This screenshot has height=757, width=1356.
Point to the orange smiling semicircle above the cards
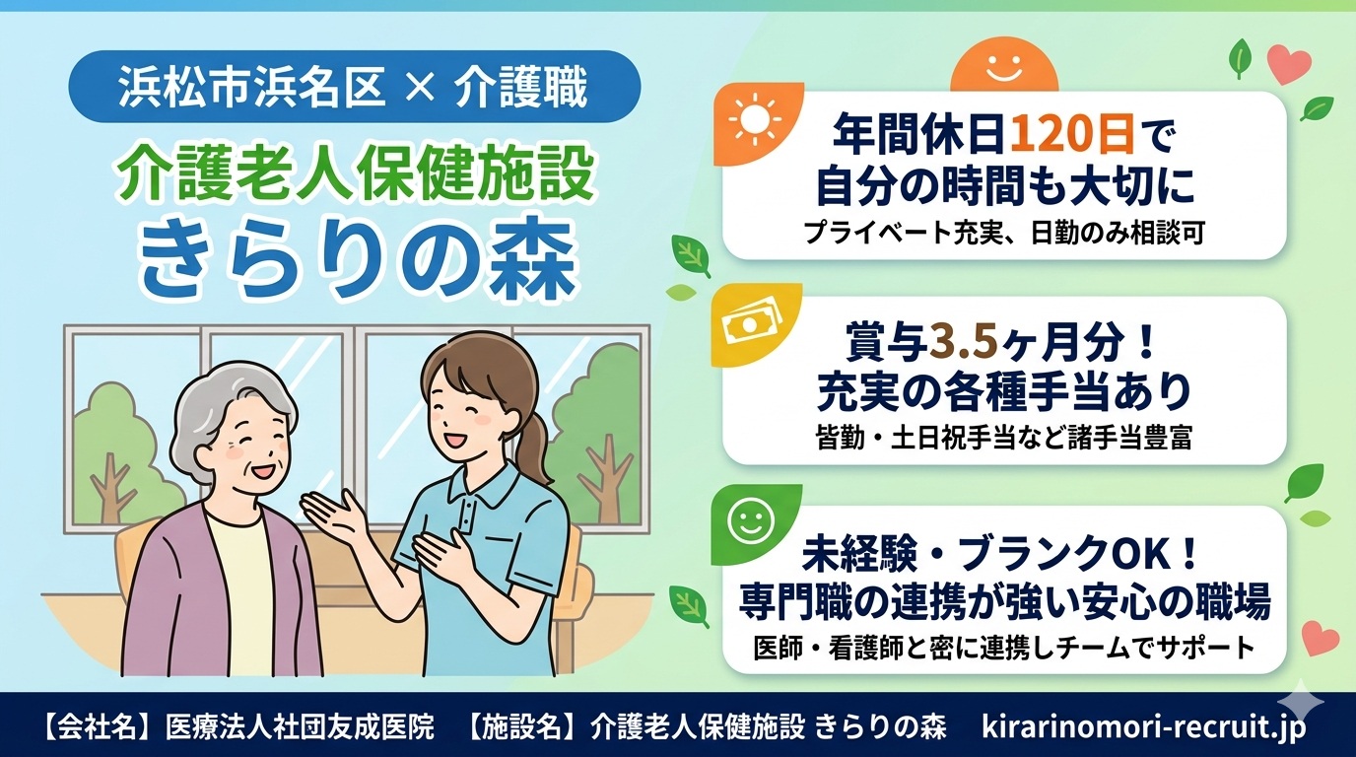pyautogui.click(x=1004, y=71)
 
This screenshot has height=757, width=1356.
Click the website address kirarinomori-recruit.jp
pyautogui.click(x=1144, y=727)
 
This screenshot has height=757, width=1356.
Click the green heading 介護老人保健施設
pyautogui.click(x=355, y=174)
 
